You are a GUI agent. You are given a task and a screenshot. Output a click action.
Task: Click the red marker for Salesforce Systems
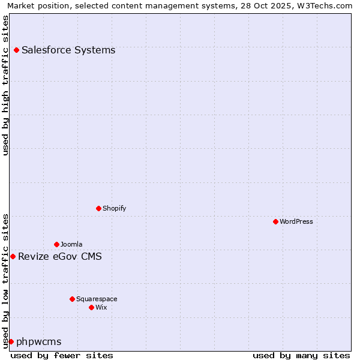[x=16, y=50]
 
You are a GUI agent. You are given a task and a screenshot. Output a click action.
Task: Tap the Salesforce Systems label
[x=68, y=50]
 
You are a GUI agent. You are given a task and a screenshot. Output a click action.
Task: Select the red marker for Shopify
[x=98, y=209]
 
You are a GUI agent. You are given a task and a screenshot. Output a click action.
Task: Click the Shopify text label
[x=114, y=209]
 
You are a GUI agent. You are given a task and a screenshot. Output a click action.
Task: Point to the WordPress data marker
[x=275, y=222]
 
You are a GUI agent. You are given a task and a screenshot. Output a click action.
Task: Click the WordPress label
[x=296, y=222]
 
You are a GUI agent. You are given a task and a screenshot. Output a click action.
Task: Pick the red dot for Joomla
[x=56, y=245]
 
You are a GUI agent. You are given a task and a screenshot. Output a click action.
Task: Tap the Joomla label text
[x=71, y=245]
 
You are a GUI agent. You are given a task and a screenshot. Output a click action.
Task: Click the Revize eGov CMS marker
[x=13, y=257]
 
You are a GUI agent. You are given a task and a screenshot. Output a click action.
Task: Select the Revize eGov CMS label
[x=60, y=257]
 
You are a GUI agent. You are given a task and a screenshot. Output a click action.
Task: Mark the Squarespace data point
[x=72, y=299]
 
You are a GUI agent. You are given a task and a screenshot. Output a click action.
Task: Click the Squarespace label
[x=97, y=299]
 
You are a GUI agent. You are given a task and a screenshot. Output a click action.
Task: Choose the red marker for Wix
[x=91, y=307]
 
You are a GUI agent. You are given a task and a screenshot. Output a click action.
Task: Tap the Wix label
[x=101, y=307]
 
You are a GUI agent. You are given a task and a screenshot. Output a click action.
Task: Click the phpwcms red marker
[x=11, y=342]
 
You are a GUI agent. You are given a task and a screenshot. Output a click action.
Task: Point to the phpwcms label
[x=39, y=342]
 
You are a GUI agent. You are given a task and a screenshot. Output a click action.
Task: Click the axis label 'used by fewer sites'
[x=62, y=356]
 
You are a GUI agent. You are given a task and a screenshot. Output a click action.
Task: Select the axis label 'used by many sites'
[x=301, y=356]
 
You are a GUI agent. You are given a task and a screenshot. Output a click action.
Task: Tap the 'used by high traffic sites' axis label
[x=6, y=85]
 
